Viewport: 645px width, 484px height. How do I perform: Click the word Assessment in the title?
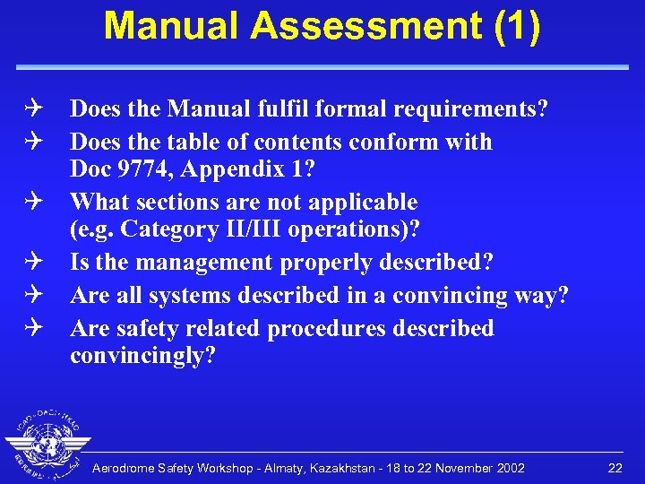point(365,26)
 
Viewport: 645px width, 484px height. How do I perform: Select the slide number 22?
point(615,468)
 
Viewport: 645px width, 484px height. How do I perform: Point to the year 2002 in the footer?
point(508,469)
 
